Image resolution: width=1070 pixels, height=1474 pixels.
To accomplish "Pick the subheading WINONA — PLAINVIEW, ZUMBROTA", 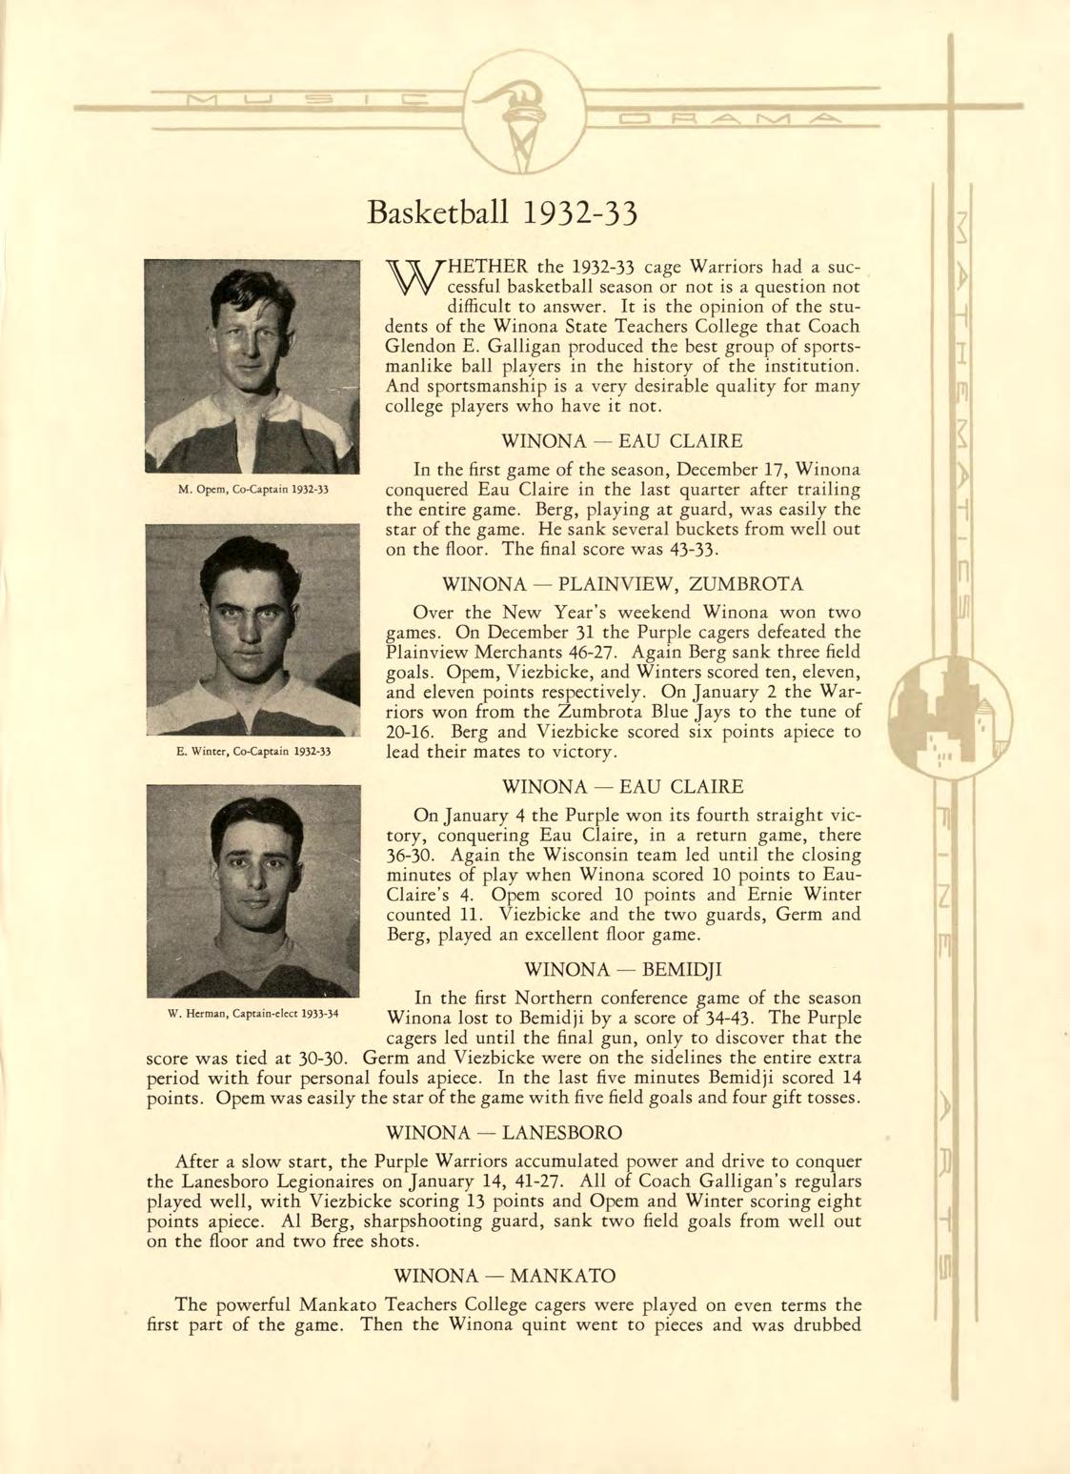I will (x=623, y=583).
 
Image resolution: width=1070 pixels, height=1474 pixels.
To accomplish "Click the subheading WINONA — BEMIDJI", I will (x=623, y=970).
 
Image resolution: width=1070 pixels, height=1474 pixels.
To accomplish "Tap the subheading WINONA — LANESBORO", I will (x=506, y=1133).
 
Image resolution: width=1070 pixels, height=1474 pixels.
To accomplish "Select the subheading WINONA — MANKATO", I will (x=504, y=1276).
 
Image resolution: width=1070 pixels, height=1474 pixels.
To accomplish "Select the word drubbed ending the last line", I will (x=826, y=1325).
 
